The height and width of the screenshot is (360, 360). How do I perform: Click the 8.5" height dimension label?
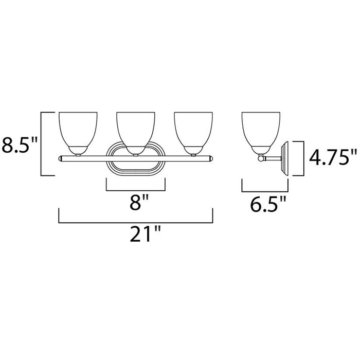[20, 146]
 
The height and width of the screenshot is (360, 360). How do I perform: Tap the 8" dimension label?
[135, 203]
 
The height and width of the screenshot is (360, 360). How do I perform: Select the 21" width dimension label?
[136, 236]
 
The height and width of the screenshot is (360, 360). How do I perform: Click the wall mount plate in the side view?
[287, 158]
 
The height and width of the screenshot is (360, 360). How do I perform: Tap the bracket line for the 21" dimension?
[136, 222]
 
